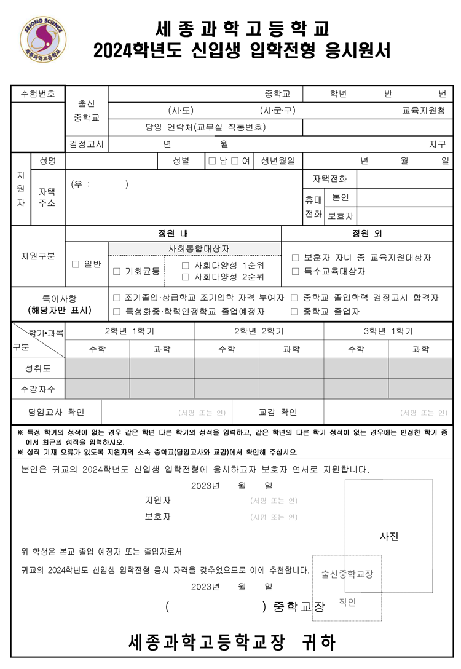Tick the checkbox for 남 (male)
[x=212, y=161]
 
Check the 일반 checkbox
[x=76, y=264]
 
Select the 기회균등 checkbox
[x=117, y=271]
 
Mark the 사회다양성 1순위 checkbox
[x=186, y=266]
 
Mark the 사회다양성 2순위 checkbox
[x=186, y=277]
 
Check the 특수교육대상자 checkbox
[x=295, y=271]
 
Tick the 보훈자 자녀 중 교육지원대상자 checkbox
[x=295, y=258]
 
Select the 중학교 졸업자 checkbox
[x=295, y=312]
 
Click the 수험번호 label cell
[x=38, y=94]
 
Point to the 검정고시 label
[x=87, y=144]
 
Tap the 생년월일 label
[x=278, y=161]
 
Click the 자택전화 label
[x=329, y=179]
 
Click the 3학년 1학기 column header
[x=388, y=331]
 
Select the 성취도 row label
[x=38, y=369]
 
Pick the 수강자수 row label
[x=38, y=389]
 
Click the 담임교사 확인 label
[x=56, y=412]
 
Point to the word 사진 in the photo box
[x=390, y=537]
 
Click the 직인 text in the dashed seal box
[x=347, y=603]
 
